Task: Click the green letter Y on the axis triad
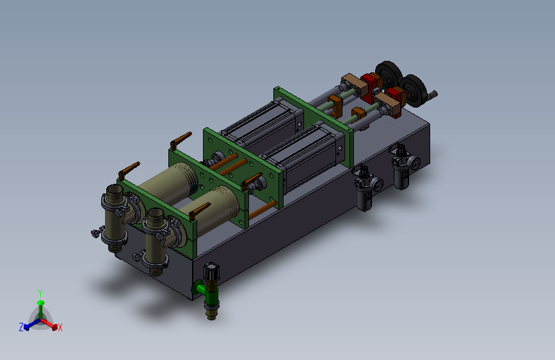[x=40, y=293]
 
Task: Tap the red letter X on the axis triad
[x=60, y=327]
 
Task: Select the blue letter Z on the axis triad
[x=21, y=327]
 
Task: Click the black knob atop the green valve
[x=211, y=272]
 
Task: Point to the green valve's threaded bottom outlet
[x=211, y=312]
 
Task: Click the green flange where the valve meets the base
[x=197, y=288]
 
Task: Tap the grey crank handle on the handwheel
[x=433, y=95]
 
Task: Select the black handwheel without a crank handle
[x=389, y=73]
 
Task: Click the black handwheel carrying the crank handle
[x=414, y=90]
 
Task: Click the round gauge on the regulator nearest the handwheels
[x=415, y=163]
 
